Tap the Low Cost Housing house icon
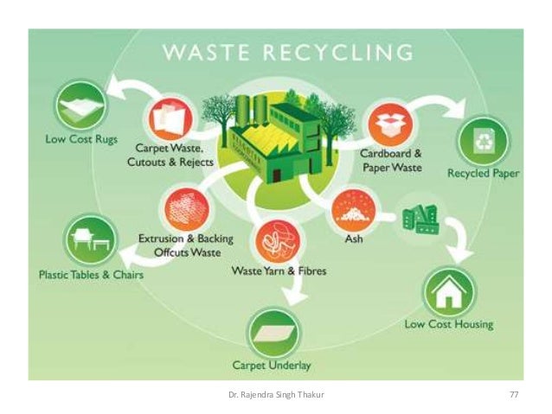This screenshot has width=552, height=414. (448, 292)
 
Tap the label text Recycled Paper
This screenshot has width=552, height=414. (483, 174)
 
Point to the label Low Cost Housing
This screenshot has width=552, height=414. (449, 325)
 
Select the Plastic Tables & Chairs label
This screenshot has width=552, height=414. (89, 275)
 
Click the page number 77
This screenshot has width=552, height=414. (513, 394)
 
